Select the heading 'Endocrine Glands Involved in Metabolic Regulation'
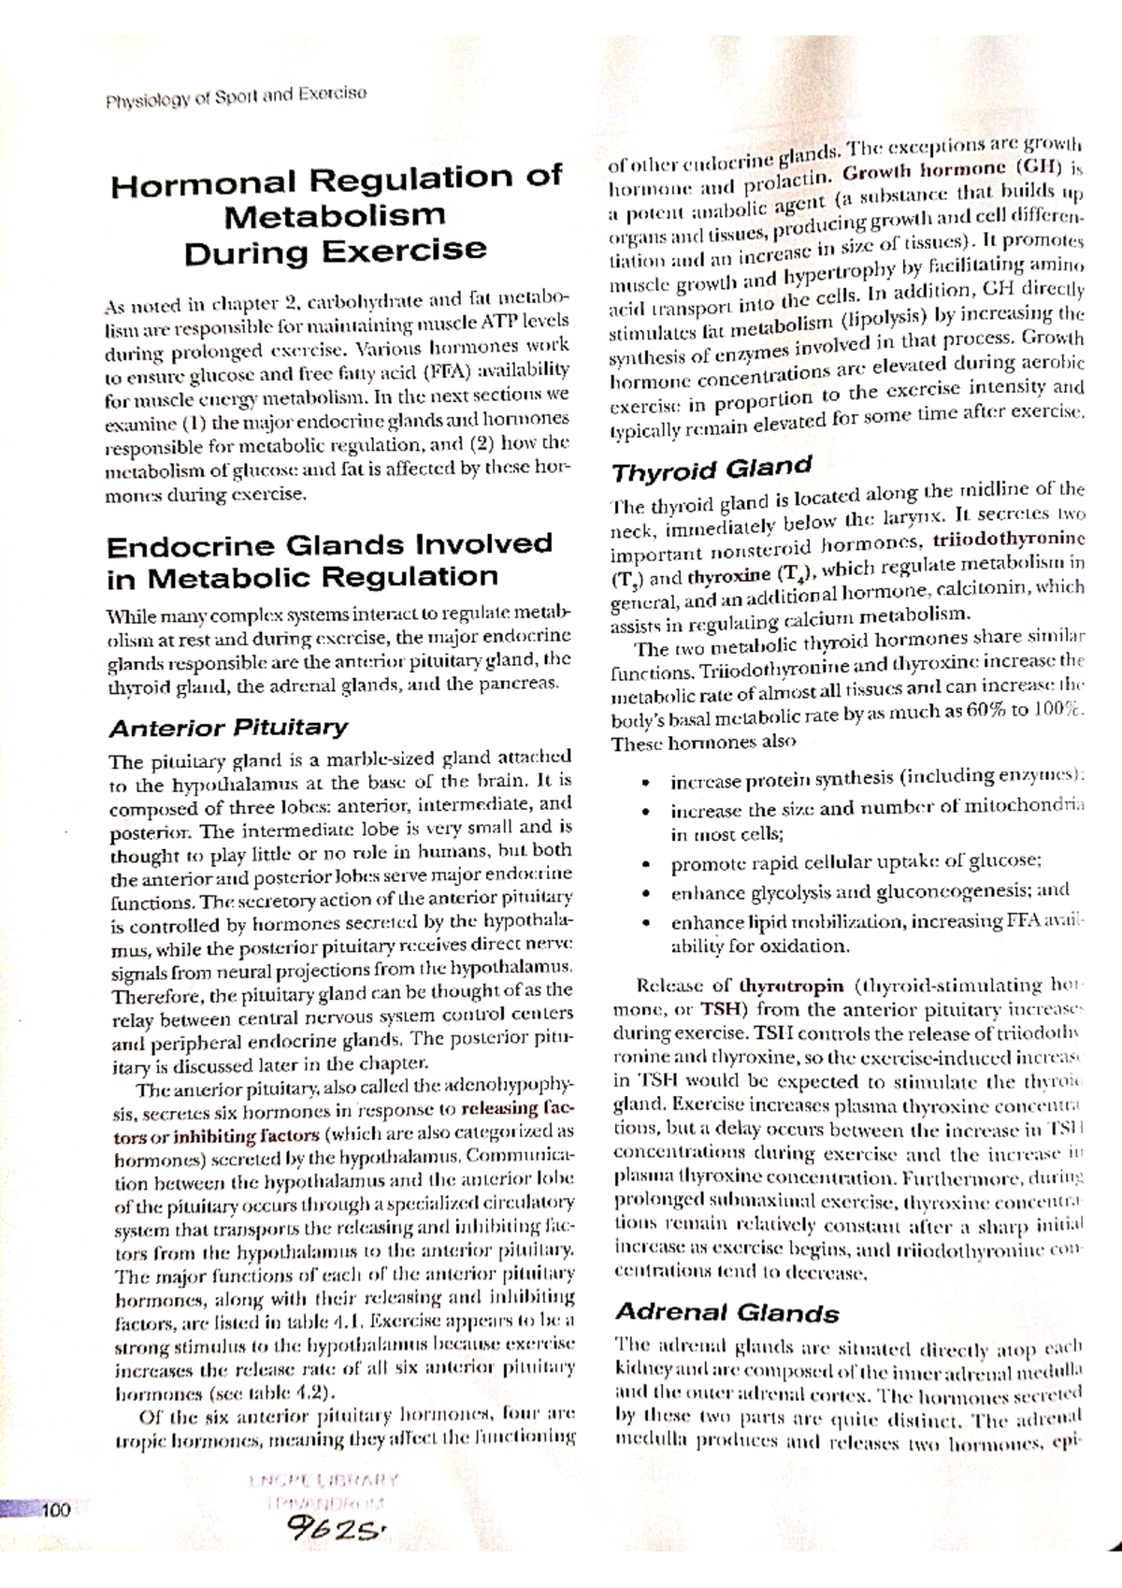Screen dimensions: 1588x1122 click(330, 560)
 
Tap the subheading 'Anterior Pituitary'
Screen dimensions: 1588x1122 click(227, 728)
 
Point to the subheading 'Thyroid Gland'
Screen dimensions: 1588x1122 click(711, 467)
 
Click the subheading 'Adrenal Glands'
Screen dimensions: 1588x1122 click(726, 1312)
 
